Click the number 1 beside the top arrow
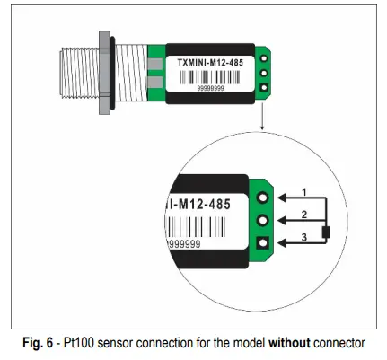pyautogui.click(x=304, y=191)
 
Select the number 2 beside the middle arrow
pyautogui.click(x=304, y=215)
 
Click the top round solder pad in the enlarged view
pyautogui.click(x=264, y=195)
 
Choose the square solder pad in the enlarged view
pyautogui.click(x=264, y=242)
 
